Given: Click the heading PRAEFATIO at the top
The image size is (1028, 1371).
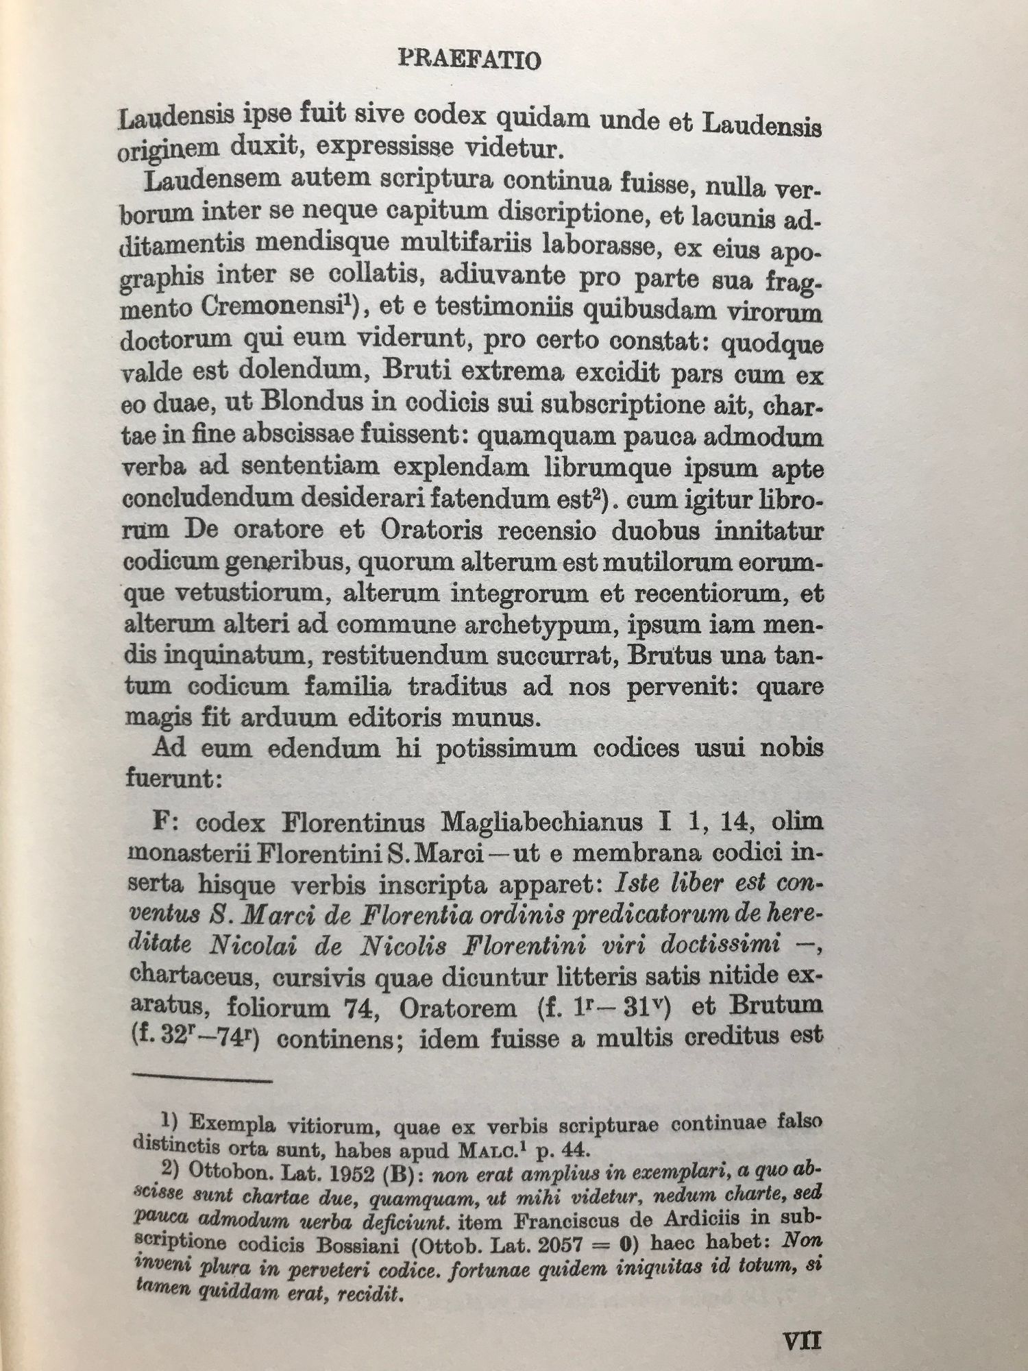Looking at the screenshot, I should [x=469, y=60].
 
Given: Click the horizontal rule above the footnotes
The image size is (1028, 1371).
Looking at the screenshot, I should [x=203, y=1081].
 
